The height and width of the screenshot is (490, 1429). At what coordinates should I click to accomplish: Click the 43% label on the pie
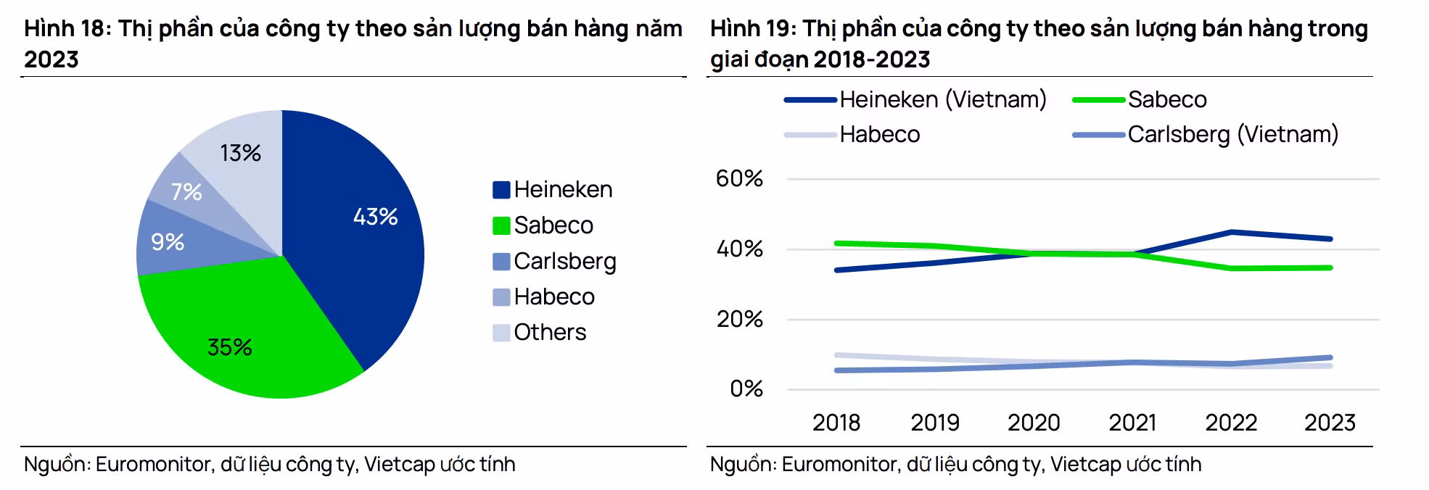375,217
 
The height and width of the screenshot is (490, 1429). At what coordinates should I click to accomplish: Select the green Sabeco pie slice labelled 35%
229,347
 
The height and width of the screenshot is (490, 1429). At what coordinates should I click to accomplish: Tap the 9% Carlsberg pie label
168,242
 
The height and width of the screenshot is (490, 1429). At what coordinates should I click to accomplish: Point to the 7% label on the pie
186,192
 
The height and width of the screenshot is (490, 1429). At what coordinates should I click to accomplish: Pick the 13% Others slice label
240,153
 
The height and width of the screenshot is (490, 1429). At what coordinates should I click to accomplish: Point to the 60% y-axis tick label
739,179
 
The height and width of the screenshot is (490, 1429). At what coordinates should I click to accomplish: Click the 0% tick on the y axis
746,389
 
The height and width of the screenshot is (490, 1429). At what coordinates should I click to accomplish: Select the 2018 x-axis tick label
836,423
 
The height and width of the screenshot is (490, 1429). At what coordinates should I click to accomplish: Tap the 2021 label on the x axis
1132,423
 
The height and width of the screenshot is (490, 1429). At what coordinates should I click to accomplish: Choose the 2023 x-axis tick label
1330,423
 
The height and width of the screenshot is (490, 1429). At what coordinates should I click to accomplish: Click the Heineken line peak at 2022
1231,232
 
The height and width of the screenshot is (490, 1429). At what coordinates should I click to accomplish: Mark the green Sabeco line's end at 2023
1330,267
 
